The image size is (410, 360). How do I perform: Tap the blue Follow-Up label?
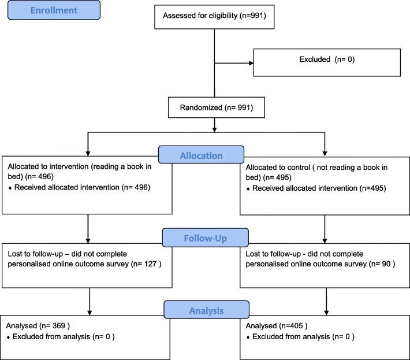206,237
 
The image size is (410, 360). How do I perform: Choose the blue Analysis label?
206,311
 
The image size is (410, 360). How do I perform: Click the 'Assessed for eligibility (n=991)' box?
214,16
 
